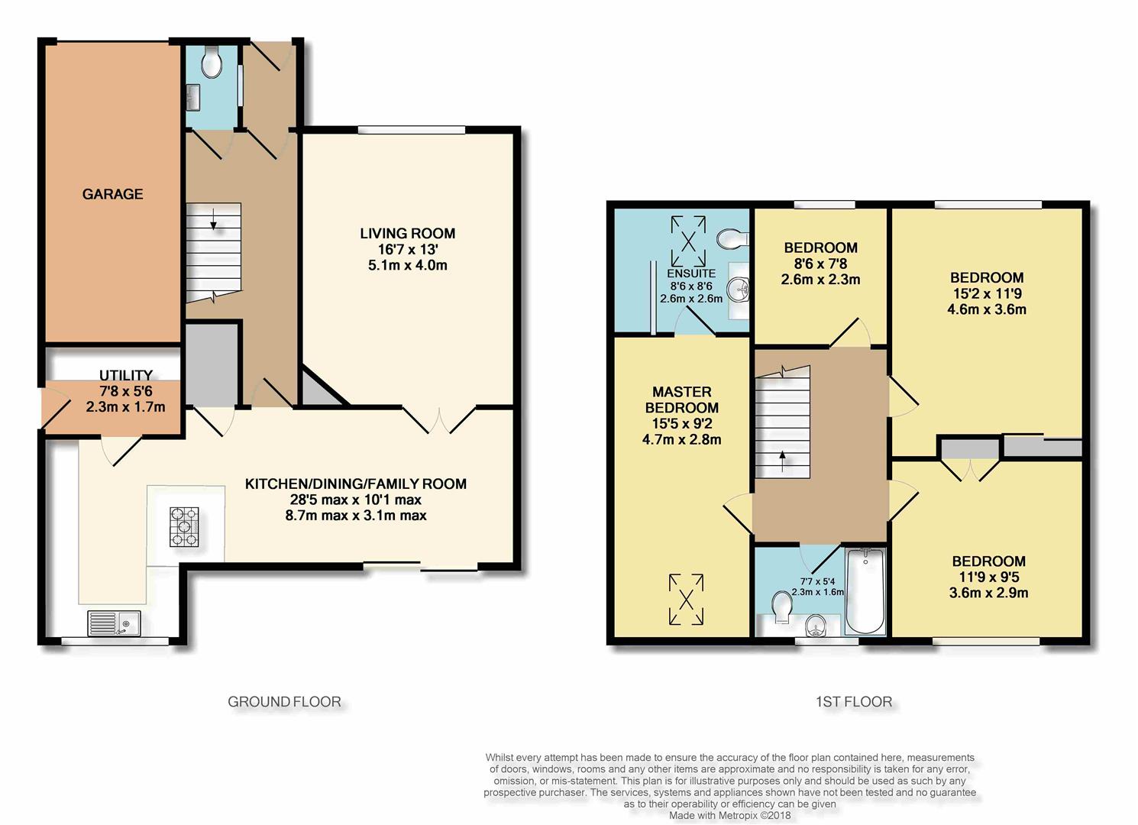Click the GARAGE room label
click(113, 194)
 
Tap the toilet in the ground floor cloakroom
click(210, 62)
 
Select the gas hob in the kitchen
click(184, 527)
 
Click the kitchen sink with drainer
click(115, 623)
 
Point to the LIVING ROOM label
click(407, 234)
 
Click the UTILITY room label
click(126, 375)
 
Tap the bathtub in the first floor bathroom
click(865, 590)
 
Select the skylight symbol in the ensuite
click(688, 241)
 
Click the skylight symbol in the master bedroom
click(686, 599)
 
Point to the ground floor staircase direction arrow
click(213, 218)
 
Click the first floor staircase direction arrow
click(782, 462)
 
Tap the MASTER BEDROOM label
click(682, 400)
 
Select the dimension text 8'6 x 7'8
click(820, 264)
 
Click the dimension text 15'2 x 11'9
click(987, 293)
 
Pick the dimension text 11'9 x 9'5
click(988, 577)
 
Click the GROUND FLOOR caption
click(284, 702)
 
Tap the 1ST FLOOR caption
click(854, 702)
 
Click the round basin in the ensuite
click(738, 290)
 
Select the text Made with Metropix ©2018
click(729, 816)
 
